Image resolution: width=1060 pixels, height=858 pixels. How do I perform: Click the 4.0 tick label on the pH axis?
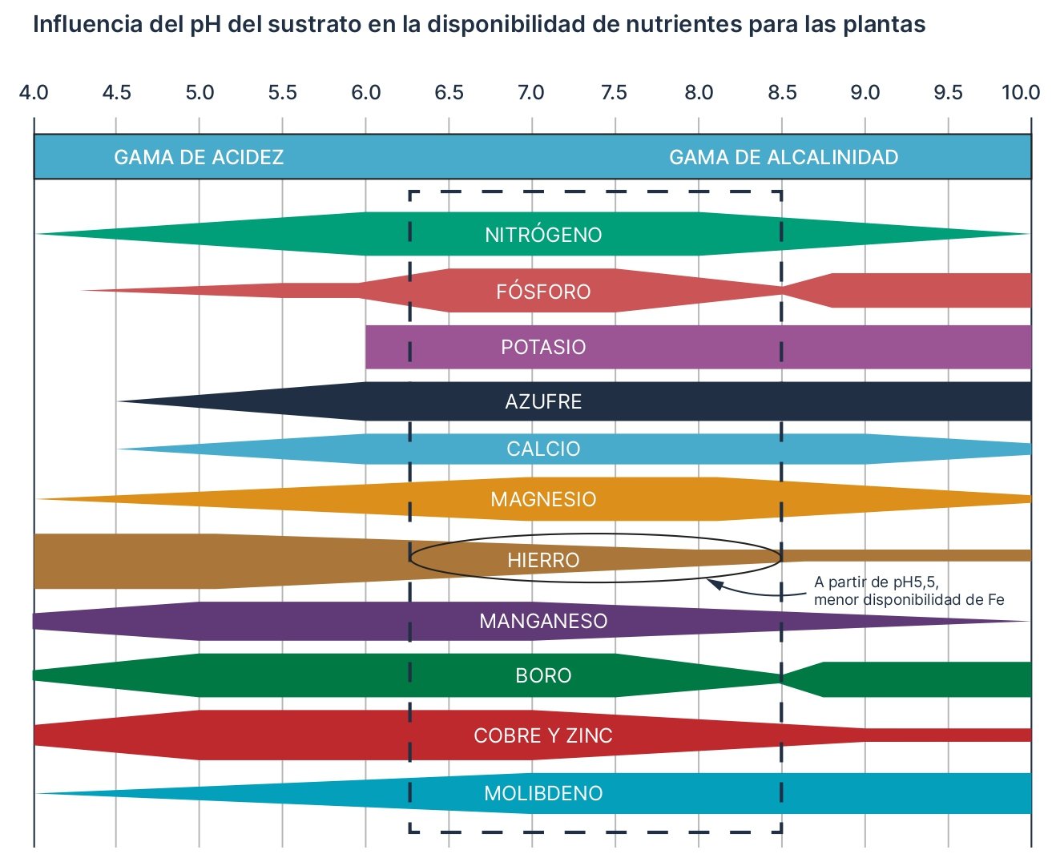pyautogui.click(x=34, y=93)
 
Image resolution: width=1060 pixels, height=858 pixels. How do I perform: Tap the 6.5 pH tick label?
pyautogui.click(x=449, y=93)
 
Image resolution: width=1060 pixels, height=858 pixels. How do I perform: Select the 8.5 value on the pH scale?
pyautogui.click(x=782, y=93)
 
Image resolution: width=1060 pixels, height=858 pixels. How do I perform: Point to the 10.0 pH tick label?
pyautogui.click(x=1020, y=93)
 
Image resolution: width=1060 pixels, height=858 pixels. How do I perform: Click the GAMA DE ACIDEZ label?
pyautogui.click(x=199, y=157)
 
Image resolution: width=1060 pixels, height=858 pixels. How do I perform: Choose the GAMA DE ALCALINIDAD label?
pyautogui.click(x=783, y=157)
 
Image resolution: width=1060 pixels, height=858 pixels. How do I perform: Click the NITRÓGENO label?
pyautogui.click(x=543, y=235)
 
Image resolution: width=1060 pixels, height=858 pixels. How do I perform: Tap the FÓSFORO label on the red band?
pyautogui.click(x=543, y=292)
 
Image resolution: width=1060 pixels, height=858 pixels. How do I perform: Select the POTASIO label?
pyautogui.click(x=543, y=347)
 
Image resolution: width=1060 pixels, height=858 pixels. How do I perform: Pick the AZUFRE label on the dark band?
pyautogui.click(x=543, y=401)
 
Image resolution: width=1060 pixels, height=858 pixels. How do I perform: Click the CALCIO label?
pyautogui.click(x=543, y=449)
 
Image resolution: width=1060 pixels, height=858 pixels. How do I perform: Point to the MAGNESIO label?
pyautogui.click(x=543, y=500)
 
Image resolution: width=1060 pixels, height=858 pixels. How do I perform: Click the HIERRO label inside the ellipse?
pyautogui.click(x=543, y=560)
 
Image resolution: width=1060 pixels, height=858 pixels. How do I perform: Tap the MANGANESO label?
pyautogui.click(x=543, y=621)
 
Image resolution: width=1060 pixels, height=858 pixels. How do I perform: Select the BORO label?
pyautogui.click(x=543, y=675)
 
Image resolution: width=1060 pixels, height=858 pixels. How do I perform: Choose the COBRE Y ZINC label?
pyautogui.click(x=543, y=735)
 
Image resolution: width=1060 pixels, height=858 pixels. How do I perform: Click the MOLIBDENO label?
pyautogui.click(x=543, y=793)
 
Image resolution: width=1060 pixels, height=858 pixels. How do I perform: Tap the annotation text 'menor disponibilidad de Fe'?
pyautogui.click(x=909, y=600)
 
